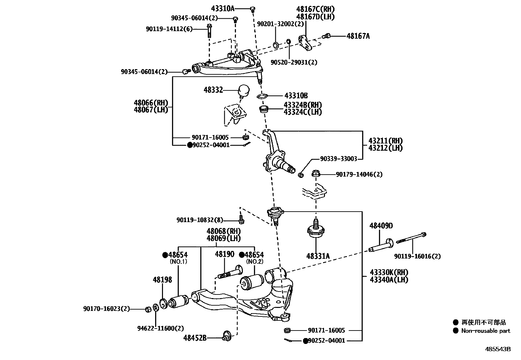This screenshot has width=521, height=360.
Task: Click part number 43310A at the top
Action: (223, 9)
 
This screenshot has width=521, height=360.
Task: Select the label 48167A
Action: (358, 36)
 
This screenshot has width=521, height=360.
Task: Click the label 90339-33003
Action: (338, 159)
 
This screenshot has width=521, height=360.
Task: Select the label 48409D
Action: (381, 226)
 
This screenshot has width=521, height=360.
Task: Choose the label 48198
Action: (162, 280)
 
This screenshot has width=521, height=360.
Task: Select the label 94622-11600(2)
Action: (160, 328)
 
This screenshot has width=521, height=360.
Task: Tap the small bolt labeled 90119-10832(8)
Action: (242, 219)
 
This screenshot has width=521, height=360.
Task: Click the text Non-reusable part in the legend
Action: (486, 331)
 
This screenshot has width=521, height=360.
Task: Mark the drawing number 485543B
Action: (497, 349)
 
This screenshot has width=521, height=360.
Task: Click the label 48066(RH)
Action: (151, 103)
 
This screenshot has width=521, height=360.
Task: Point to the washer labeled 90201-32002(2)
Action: (276, 45)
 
